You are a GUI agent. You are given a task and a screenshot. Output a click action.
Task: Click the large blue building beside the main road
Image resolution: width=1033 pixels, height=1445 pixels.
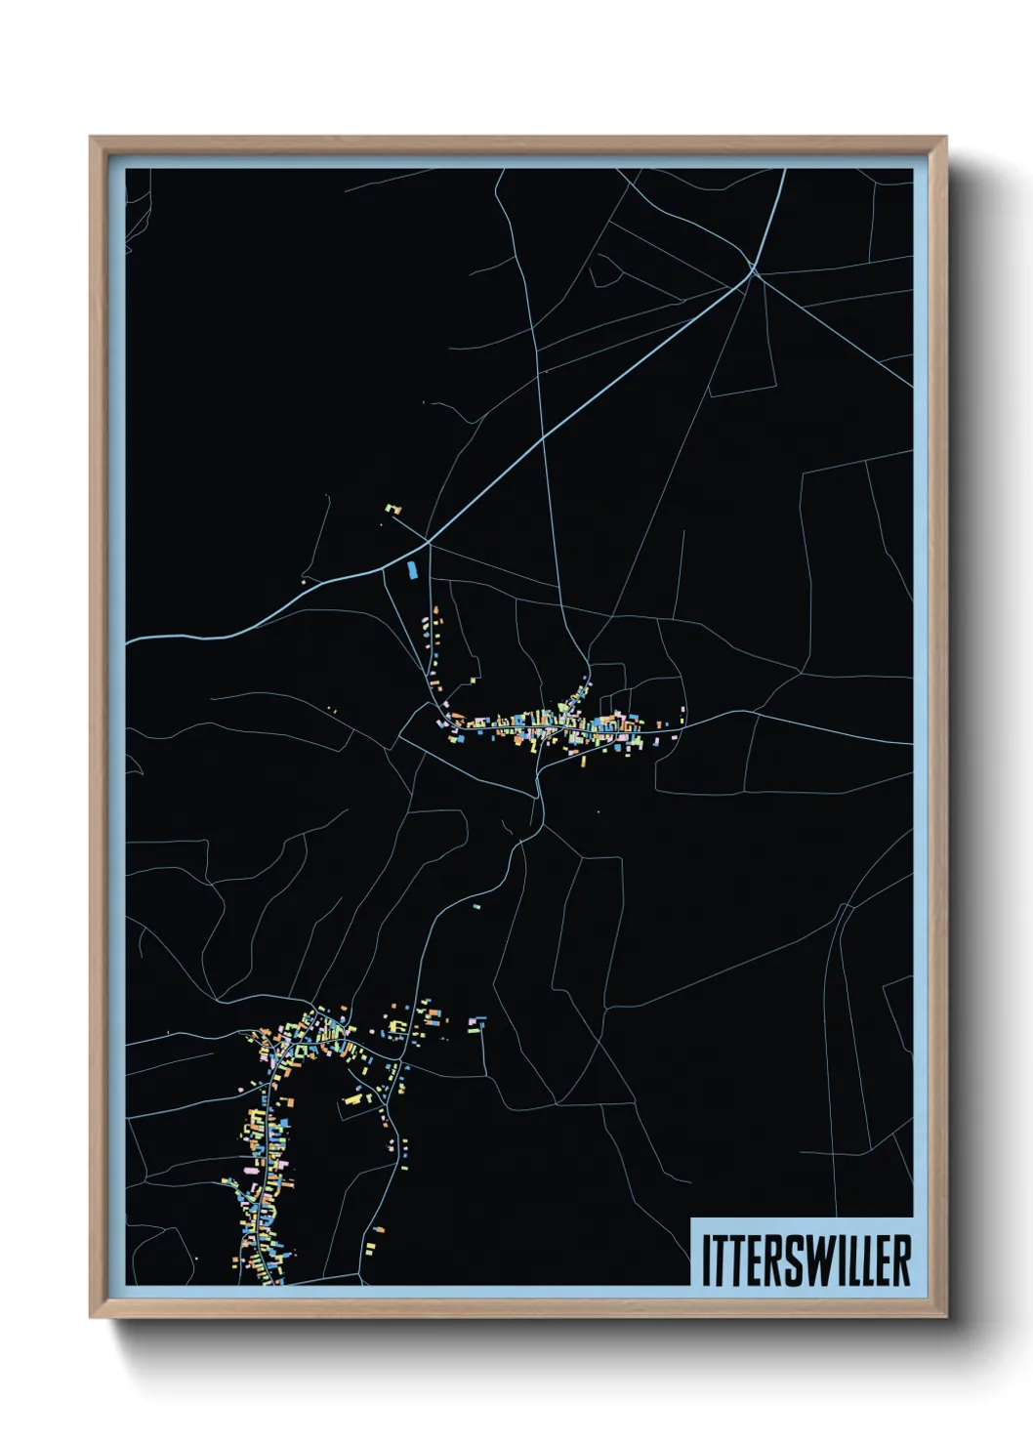click(x=412, y=568)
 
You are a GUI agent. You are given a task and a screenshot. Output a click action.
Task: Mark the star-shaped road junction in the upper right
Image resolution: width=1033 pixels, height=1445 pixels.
click(x=753, y=269)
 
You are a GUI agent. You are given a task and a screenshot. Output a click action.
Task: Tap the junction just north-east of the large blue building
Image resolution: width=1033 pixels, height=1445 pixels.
click(x=428, y=541)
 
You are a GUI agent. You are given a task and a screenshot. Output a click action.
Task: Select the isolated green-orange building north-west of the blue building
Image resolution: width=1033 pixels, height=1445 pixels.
click(x=393, y=509)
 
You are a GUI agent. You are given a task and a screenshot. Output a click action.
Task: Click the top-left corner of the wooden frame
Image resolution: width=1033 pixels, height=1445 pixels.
click(x=92, y=139)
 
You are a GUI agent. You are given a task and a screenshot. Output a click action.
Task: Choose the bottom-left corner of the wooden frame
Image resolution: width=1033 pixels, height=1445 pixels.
click(x=92, y=1317)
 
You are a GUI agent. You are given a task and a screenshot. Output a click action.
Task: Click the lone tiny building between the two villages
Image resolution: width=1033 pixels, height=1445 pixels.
click(x=476, y=907)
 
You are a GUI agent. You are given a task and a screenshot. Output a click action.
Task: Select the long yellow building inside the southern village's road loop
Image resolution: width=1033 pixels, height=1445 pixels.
click(x=353, y=1099)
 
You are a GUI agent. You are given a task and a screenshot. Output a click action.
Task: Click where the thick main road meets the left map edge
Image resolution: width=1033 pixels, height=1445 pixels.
click(x=128, y=641)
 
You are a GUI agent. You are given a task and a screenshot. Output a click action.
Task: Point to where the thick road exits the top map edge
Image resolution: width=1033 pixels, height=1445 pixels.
click(x=784, y=171)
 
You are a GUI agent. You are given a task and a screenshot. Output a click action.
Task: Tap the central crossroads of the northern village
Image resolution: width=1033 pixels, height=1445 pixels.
click(x=564, y=724)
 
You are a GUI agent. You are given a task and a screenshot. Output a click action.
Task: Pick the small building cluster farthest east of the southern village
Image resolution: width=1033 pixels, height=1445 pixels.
click(x=476, y=1024)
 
